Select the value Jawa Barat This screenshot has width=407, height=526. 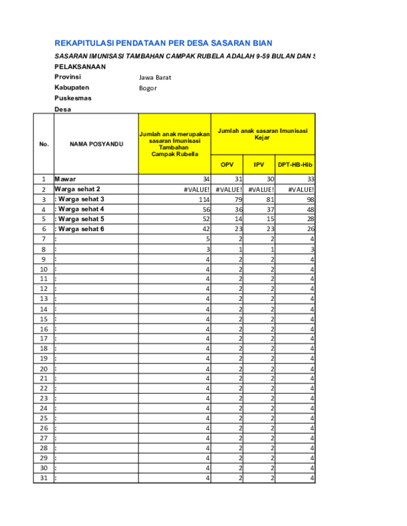click(155, 77)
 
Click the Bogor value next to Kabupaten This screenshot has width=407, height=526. click(148, 88)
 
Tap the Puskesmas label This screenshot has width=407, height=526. click(73, 98)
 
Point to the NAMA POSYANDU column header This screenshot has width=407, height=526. click(96, 144)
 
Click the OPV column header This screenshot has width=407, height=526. click(227, 165)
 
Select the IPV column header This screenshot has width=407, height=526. click(259, 165)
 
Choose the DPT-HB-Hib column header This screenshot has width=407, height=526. click(294, 165)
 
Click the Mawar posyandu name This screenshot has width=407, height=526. click(66, 179)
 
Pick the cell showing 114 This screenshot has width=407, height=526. click(203, 199)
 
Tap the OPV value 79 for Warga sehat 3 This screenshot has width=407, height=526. click(237, 199)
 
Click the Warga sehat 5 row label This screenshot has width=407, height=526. click(81, 219)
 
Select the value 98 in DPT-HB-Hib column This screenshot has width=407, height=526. click(310, 199)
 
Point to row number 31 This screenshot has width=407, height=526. click(43, 478)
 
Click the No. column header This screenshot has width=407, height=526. click(43, 144)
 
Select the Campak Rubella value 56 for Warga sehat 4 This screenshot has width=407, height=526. click(205, 209)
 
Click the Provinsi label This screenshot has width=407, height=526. click(67, 77)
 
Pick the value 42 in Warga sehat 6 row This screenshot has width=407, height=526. click(205, 229)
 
